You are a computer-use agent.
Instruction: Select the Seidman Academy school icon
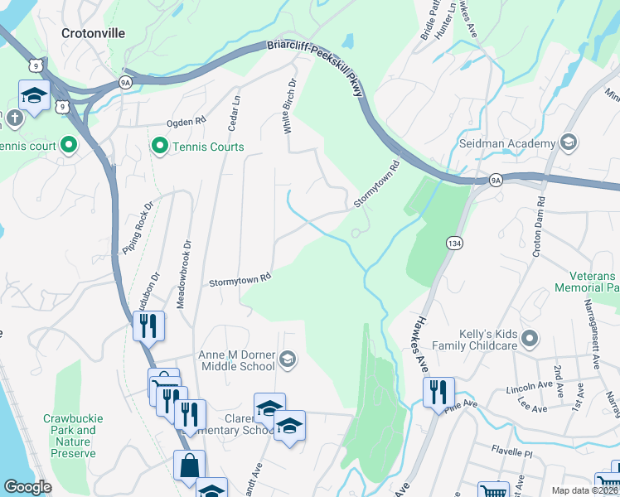569,143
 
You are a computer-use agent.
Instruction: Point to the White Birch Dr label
290,106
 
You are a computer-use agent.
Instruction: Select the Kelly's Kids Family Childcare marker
531,338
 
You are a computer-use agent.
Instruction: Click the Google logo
27,487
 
